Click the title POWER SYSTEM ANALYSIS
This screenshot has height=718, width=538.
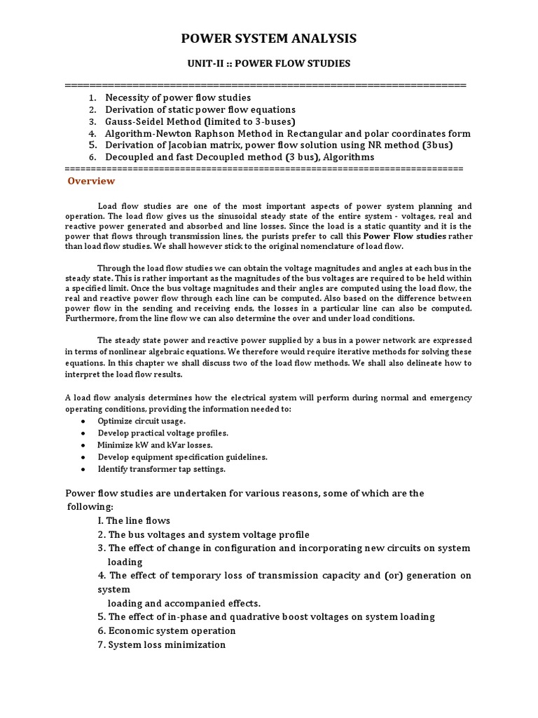tap(269, 39)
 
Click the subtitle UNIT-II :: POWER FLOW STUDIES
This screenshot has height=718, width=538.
tap(269, 64)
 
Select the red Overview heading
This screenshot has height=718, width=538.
tap(91, 181)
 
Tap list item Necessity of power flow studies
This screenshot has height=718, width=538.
tap(178, 97)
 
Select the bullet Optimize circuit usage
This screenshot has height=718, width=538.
tap(142, 421)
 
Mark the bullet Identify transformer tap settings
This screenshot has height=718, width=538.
tap(161, 468)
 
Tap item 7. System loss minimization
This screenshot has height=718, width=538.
tap(162, 644)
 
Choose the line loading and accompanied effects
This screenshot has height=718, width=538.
tap(184, 603)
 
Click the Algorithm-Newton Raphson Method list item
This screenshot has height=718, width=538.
tap(288, 133)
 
